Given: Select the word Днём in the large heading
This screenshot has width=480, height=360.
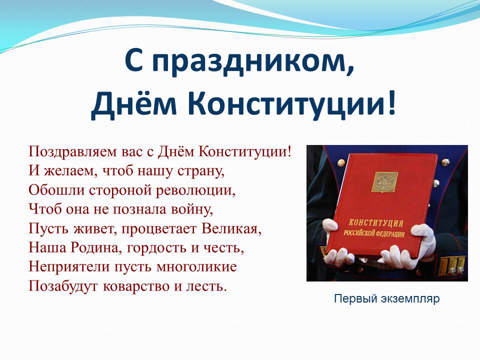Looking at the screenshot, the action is (x=134, y=102).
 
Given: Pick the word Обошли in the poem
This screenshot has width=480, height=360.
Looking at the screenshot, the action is (x=56, y=190).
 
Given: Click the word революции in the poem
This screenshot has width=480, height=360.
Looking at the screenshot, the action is (x=195, y=190).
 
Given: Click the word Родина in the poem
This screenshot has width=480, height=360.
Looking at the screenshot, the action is (x=94, y=247).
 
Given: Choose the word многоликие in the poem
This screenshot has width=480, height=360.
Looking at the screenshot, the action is (x=196, y=266).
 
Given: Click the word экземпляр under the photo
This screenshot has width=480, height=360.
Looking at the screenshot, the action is (x=410, y=299).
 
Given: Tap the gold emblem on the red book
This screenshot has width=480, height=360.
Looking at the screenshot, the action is (x=385, y=182).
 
